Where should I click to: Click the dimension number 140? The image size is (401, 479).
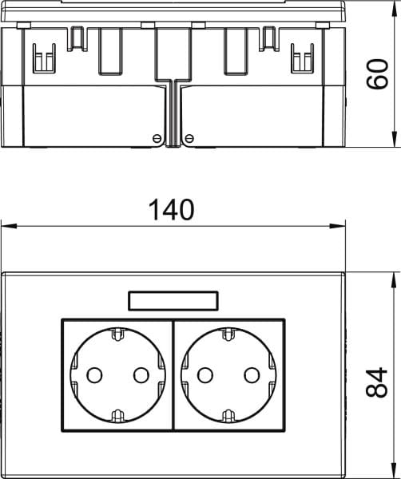171,210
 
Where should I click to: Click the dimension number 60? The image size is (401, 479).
377,74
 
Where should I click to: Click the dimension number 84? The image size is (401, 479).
376,382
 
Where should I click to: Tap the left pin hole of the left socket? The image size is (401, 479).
94,375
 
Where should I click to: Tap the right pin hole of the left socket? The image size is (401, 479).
141,375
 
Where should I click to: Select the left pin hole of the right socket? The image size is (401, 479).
205,375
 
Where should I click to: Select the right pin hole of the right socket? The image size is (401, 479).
252,375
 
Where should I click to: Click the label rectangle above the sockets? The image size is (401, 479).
173,301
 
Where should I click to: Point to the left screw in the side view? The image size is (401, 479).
157,138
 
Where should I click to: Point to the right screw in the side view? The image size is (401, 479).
189,138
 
